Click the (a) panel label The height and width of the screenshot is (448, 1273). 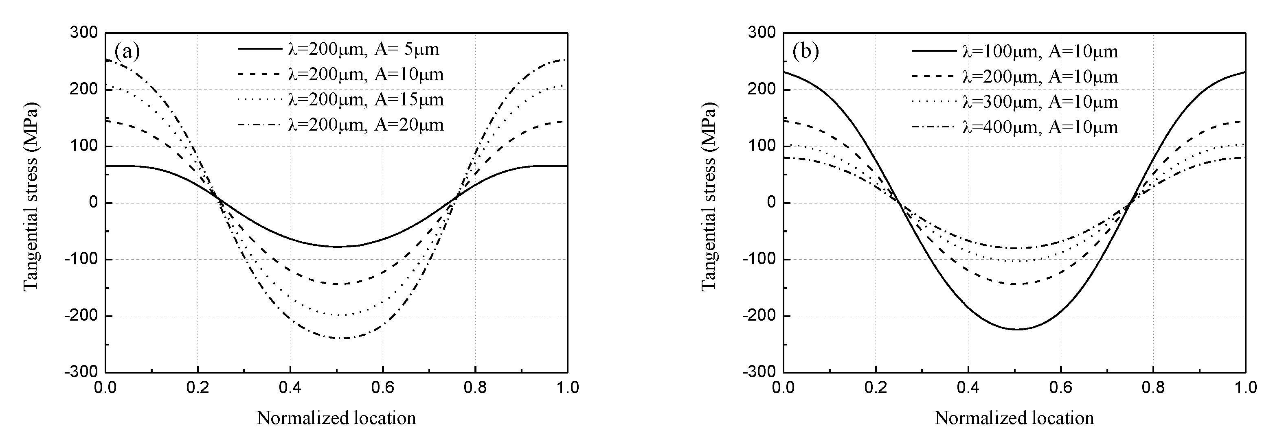127,51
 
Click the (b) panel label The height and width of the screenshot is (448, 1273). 806,51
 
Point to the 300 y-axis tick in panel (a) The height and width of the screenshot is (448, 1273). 87,33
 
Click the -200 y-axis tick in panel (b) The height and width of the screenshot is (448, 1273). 762,316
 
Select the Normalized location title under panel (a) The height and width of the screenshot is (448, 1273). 336,418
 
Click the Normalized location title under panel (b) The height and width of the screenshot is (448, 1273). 1014,418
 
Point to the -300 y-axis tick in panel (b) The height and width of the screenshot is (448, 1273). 762,372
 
